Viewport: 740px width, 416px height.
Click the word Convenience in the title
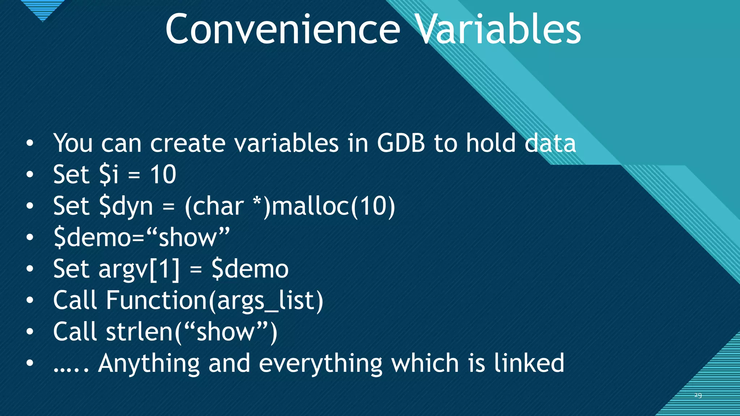tap(283, 30)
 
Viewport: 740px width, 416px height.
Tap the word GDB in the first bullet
tap(401, 143)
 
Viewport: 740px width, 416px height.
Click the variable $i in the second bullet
tap(109, 175)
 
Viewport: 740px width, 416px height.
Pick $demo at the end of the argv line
tap(250, 269)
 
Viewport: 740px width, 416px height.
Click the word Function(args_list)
tap(214, 300)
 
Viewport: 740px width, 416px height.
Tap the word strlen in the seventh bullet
tap(139, 332)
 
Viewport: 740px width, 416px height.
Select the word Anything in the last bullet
tap(149, 363)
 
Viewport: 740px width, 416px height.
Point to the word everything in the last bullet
tap(320, 363)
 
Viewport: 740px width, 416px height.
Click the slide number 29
tap(698, 395)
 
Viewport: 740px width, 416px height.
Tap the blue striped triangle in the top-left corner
tap(43, 9)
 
